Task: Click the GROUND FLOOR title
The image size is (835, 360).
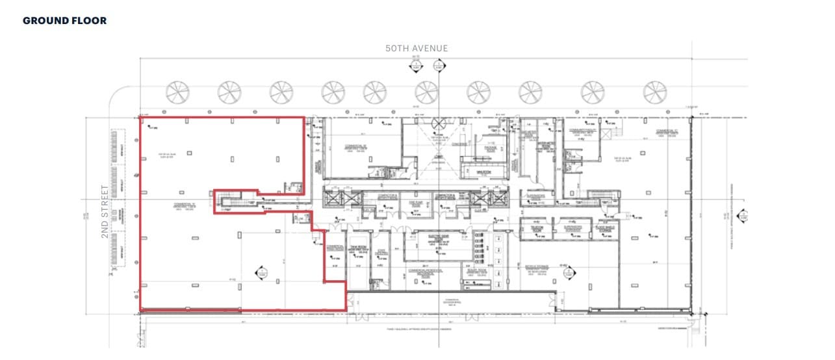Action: [x=64, y=21]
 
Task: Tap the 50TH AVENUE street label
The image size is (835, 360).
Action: [x=416, y=49]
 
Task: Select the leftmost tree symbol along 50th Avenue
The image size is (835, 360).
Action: [x=177, y=92]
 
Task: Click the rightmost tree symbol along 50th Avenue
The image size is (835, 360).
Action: [x=655, y=92]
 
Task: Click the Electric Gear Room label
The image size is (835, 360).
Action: [x=441, y=237]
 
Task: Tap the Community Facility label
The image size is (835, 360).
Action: [x=582, y=131]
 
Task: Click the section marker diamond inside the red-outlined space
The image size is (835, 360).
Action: [x=262, y=273]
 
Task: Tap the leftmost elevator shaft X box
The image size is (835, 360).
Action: [x=333, y=198]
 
